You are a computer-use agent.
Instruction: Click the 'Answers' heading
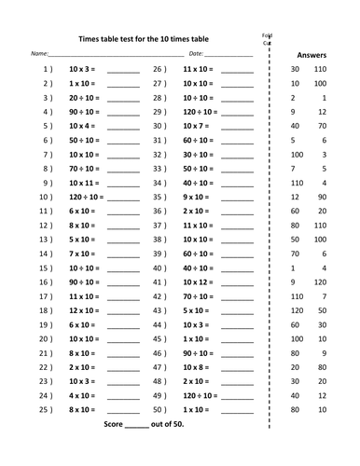coord(310,55)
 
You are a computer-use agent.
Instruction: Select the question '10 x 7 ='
coord(198,125)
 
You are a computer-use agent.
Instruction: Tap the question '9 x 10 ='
coord(196,197)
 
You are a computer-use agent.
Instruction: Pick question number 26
coord(159,69)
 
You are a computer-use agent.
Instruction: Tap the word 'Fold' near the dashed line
coord(267,35)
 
